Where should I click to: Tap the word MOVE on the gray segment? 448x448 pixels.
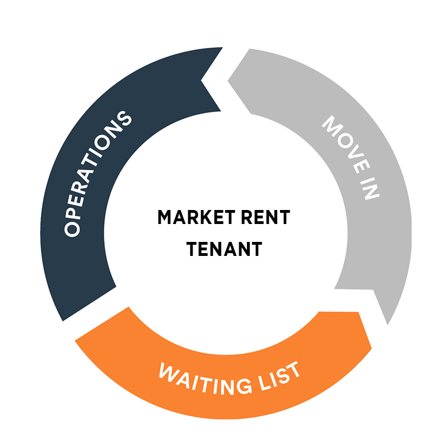tap(346, 144)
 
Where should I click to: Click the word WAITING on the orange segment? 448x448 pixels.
tap(206, 379)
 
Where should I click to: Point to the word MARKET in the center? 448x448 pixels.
tap(197, 217)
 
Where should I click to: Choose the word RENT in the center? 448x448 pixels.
tap(265, 217)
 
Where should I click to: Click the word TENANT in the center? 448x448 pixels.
tap(225, 249)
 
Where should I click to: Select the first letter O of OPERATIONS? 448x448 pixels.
tap(72, 229)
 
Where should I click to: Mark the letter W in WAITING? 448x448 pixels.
tap(170, 371)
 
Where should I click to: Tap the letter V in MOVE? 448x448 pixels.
tap(354, 152)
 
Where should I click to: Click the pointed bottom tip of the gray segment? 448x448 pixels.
tap(388, 325)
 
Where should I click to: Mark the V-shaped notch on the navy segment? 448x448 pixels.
tap(201, 80)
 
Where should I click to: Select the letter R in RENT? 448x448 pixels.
tap(248, 217)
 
